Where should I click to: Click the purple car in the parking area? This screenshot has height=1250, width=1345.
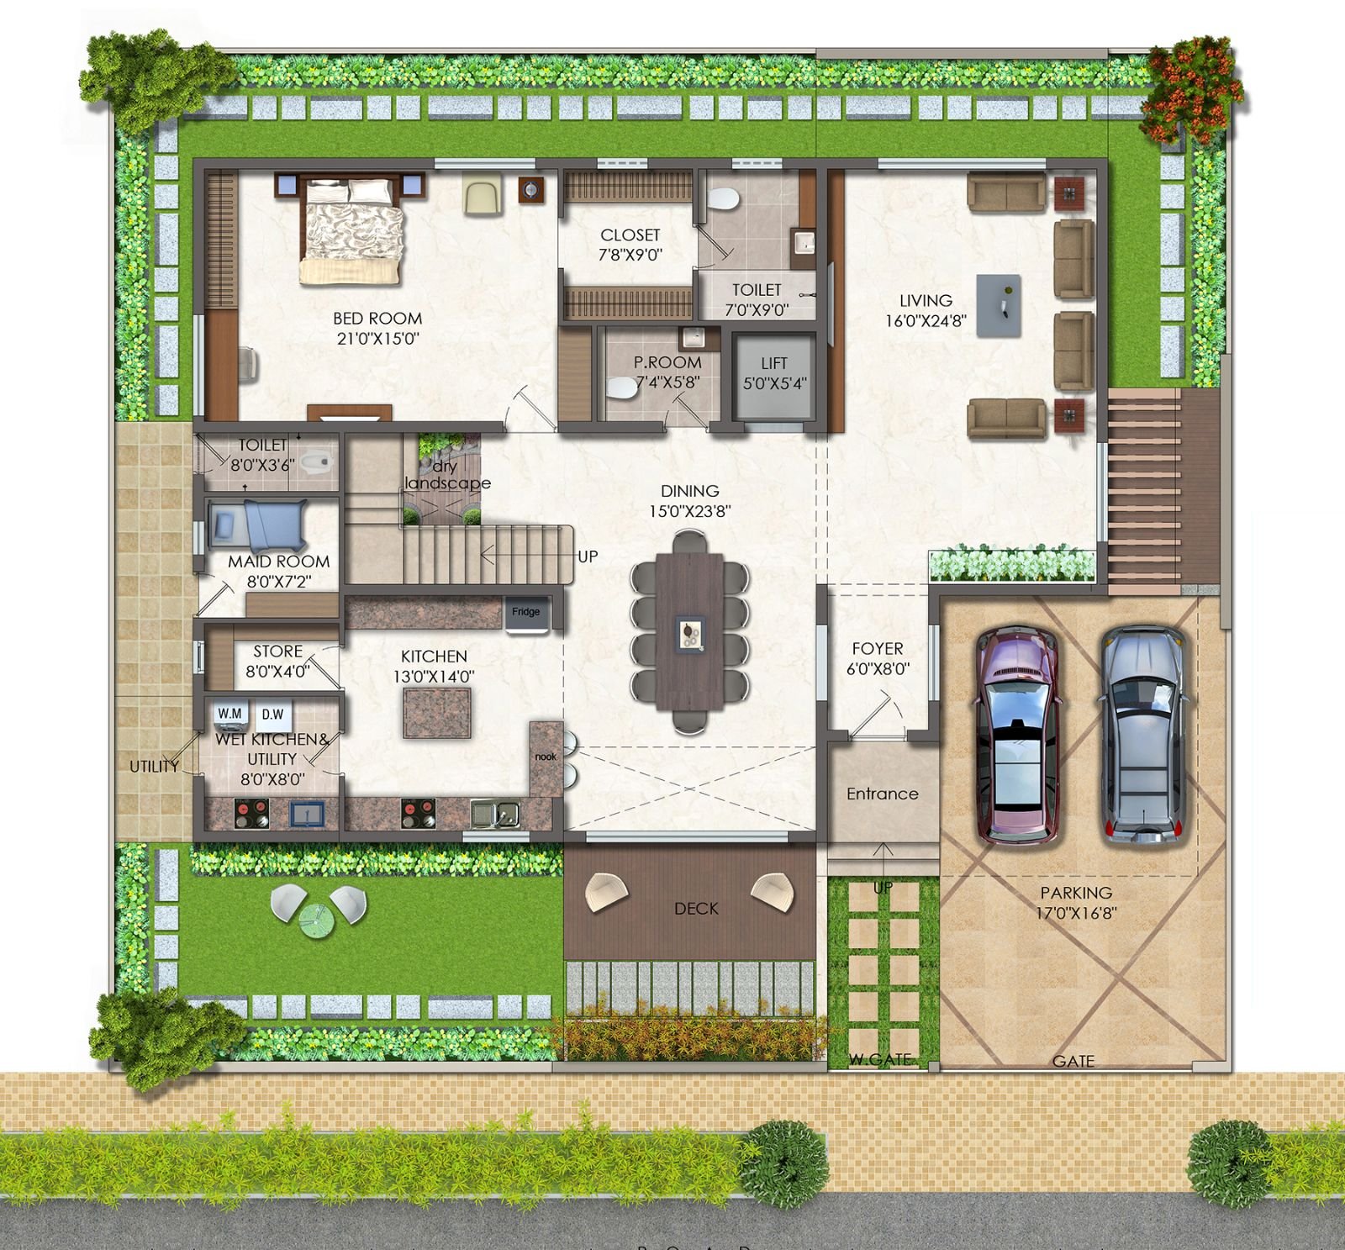[x=1016, y=733]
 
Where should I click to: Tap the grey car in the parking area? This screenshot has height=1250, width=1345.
[x=1145, y=733]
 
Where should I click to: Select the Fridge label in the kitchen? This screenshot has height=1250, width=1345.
[x=526, y=612]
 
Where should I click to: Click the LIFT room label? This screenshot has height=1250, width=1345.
[x=774, y=363]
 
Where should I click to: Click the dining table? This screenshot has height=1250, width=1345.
[x=689, y=630]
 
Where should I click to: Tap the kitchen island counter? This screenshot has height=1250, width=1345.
[x=436, y=712]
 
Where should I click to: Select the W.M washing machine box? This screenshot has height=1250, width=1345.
[x=230, y=714]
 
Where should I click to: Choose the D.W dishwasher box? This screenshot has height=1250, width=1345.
[x=272, y=715]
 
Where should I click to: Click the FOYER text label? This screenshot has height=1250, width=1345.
[x=878, y=649]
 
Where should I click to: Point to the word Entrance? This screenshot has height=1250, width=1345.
[x=882, y=794]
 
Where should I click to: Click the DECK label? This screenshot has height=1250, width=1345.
[x=696, y=909]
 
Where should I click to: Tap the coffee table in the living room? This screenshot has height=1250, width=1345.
[x=999, y=305]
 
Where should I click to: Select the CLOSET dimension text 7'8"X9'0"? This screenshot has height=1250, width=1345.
[x=630, y=255]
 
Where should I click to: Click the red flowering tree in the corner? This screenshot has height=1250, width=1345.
[x=1192, y=80]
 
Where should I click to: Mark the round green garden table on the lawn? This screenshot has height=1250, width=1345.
[x=319, y=914]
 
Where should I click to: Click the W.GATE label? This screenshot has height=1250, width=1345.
[x=879, y=1059]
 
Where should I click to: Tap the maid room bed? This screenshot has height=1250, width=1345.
[x=261, y=524]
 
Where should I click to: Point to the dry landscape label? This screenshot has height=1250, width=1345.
[x=446, y=475]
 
